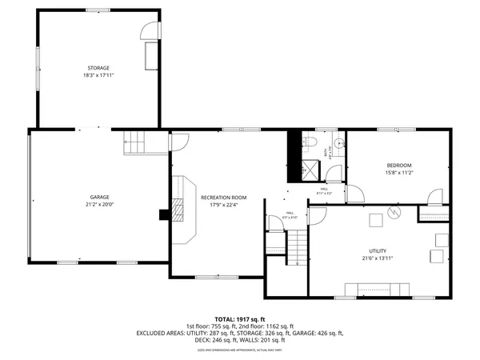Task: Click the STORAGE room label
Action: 98,68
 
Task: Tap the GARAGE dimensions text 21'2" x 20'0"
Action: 99,203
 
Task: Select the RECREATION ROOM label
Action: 223,197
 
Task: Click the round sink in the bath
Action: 338,143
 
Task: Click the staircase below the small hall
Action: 297,246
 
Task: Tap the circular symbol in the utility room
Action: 394,212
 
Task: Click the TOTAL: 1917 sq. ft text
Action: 240,318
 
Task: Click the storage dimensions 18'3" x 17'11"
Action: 98,75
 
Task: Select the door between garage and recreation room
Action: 178,141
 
